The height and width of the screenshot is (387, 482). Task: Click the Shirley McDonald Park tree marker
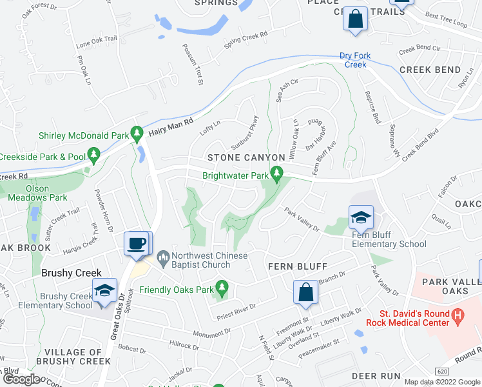coord(137,134)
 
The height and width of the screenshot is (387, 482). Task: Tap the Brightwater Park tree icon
coord(277,173)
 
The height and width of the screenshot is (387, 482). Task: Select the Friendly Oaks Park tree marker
coord(222,287)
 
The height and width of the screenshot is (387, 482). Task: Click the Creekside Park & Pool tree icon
coord(94,154)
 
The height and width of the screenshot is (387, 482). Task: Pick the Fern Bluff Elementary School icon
coord(361,217)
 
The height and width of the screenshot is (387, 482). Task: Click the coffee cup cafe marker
coord(137,243)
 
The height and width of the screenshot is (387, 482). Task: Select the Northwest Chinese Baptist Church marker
coord(163,257)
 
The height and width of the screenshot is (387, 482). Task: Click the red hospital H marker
coord(458,315)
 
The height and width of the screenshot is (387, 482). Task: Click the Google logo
coord(21,379)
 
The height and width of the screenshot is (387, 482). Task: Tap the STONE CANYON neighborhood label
coord(246,157)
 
